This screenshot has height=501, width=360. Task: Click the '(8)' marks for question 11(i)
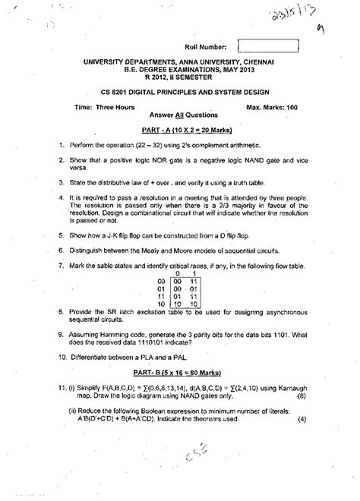300,417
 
